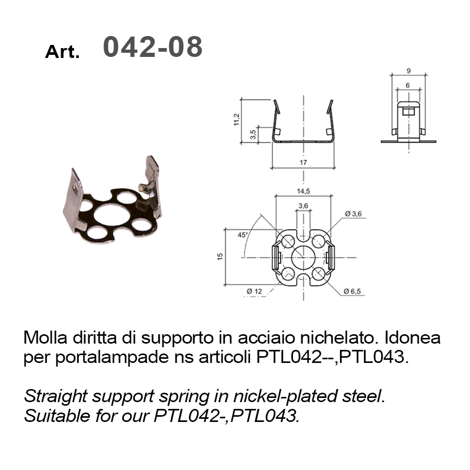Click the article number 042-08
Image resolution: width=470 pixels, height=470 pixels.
tap(153, 46)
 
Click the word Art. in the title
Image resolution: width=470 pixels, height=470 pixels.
tap(62, 52)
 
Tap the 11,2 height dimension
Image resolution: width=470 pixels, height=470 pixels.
tap(237, 119)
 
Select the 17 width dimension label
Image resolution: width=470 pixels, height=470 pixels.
tap(303, 162)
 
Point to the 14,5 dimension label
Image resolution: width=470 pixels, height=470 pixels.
tap(303, 191)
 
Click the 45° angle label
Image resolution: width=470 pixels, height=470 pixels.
tap(243, 235)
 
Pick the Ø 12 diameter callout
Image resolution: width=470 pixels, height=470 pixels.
tap(254, 291)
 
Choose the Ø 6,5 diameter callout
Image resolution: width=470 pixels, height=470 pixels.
tap(352, 291)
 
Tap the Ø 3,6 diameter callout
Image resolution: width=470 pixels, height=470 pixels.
tap(353, 214)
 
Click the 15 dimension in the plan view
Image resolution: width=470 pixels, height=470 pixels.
tap(220, 256)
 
